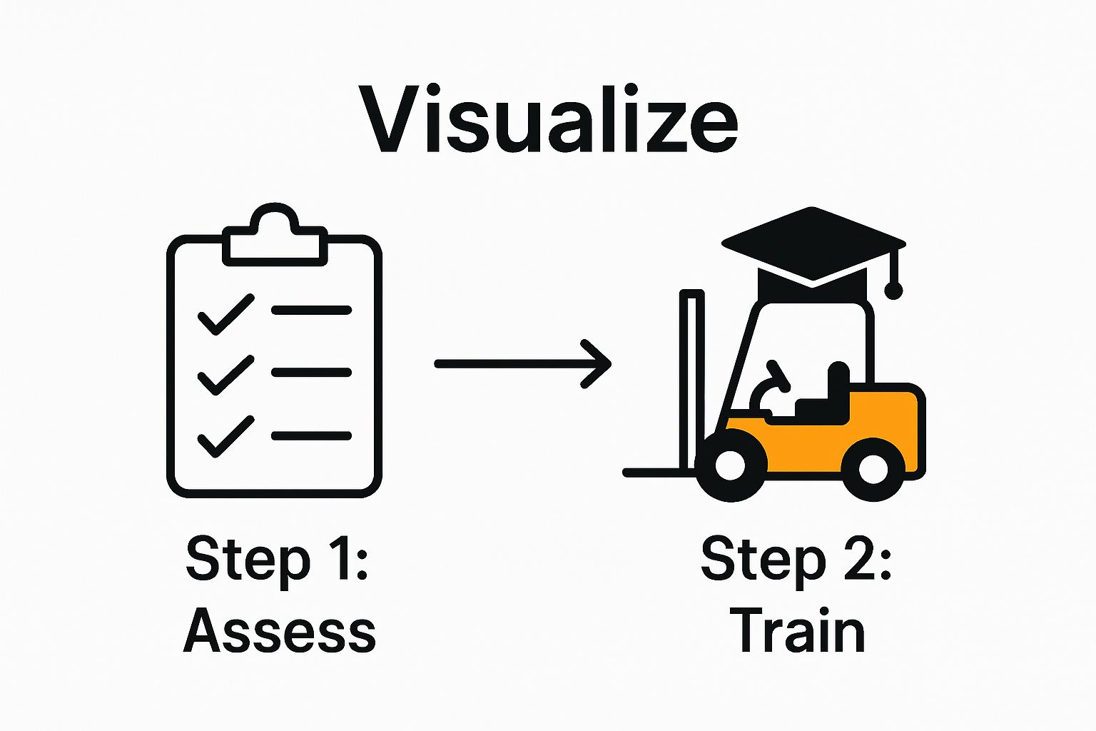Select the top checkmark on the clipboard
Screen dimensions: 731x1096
point(225,314)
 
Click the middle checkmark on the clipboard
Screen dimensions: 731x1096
point(225,375)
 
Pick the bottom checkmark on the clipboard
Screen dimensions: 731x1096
point(225,436)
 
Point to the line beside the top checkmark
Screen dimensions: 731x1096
point(311,311)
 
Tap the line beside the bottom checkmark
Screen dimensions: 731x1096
point(311,435)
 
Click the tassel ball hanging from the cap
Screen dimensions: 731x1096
point(893,290)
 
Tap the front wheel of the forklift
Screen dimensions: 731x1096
point(729,466)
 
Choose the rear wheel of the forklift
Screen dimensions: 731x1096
point(873,468)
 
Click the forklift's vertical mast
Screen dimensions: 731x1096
point(691,371)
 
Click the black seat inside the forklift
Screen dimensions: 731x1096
point(828,400)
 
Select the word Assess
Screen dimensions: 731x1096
point(280,631)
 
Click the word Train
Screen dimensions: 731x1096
point(797,631)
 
